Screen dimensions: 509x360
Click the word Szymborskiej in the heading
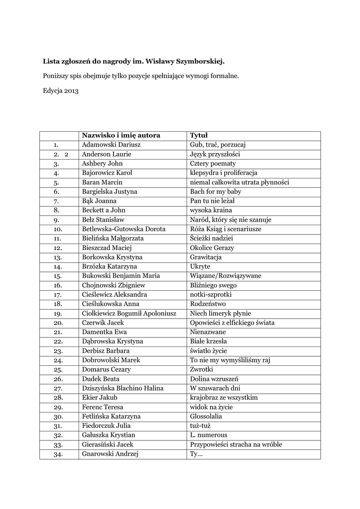tap(199, 62)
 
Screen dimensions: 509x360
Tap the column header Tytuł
tap(199, 136)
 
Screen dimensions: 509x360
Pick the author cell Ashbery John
tap(102, 164)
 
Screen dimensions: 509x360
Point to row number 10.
tap(57, 229)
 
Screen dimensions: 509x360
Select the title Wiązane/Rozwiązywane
tap(225, 276)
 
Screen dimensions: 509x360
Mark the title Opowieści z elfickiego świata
tap(232, 323)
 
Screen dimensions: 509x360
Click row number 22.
tap(57, 341)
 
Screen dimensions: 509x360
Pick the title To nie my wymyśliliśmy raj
tap(230, 360)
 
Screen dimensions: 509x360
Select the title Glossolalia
tap(206, 416)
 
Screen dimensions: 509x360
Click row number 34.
tap(57, 454)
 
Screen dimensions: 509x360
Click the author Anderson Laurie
tap(106, 154)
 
